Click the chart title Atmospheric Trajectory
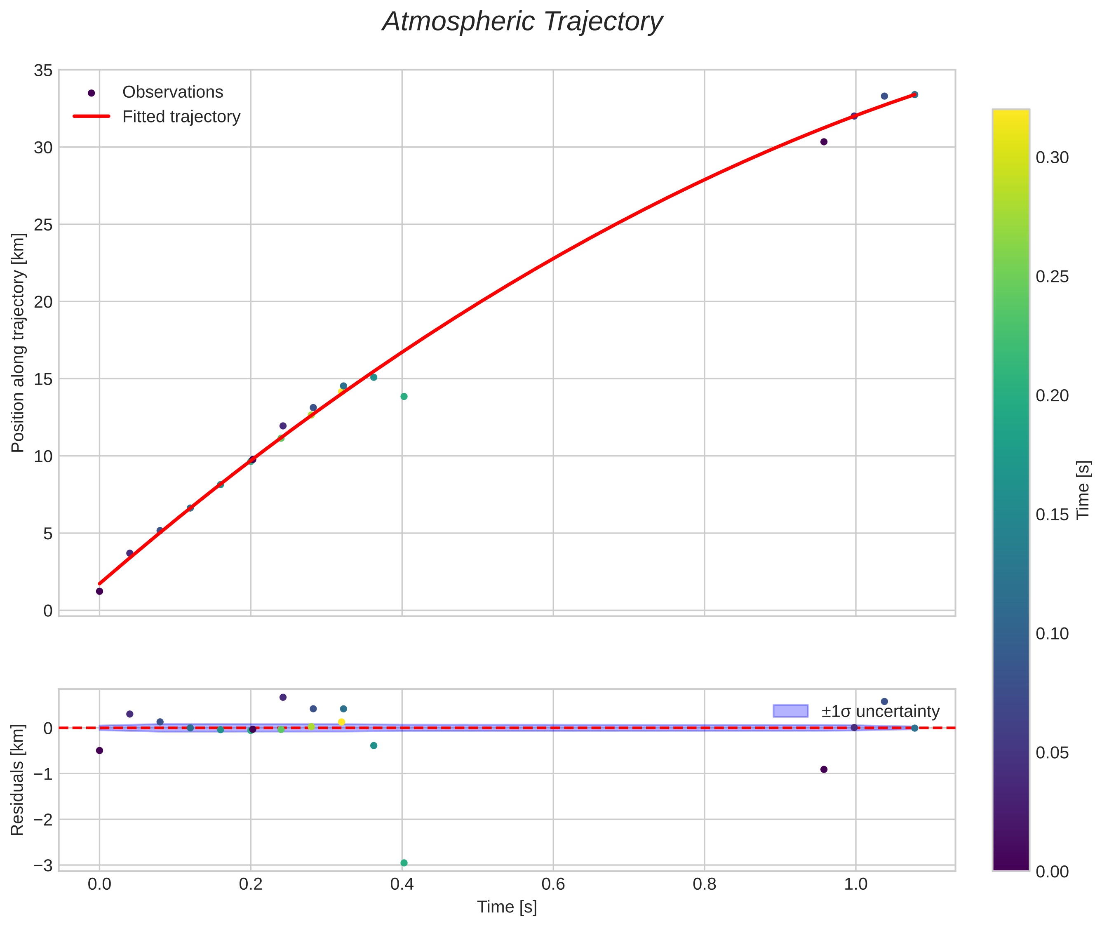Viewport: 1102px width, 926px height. point(522,22)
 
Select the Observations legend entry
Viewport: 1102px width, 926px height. point(172,92)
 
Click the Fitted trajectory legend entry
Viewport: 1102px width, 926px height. point(181,117)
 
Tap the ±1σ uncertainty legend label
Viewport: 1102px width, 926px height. point(880,711)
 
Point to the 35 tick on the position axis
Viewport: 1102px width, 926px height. point(43,71)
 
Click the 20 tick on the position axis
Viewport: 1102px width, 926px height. point(43,302)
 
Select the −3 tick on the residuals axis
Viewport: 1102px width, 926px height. point(42,865)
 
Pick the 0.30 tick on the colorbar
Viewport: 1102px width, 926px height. point(1052,158)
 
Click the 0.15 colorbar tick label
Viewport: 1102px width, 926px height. point(1052,515)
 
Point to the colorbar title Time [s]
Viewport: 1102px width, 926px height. point(1083,490)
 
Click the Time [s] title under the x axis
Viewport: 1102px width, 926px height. point(507,907)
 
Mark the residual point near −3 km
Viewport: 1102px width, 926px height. point(404,863)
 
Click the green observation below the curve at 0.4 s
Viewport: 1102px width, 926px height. point(404,396)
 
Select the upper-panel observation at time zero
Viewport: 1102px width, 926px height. point(99,591)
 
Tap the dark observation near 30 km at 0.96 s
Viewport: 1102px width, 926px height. point(824,142)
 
